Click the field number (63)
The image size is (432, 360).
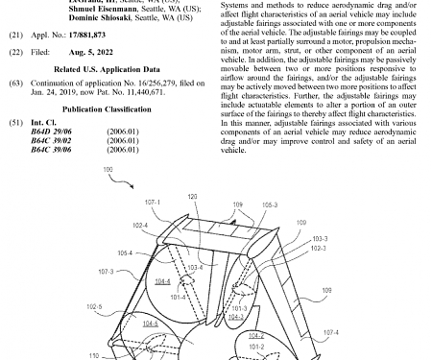click(x=15, y=84)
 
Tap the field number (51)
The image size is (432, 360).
click(x=15, y=124)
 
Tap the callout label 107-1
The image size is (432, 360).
click(x=153, y=203)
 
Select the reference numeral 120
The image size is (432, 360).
click(x=192, y=197)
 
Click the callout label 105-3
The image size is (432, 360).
click(x=270, y=204)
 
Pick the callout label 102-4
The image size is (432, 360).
click(x=139, y=226)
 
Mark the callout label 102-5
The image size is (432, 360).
click(x=94, y=307)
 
